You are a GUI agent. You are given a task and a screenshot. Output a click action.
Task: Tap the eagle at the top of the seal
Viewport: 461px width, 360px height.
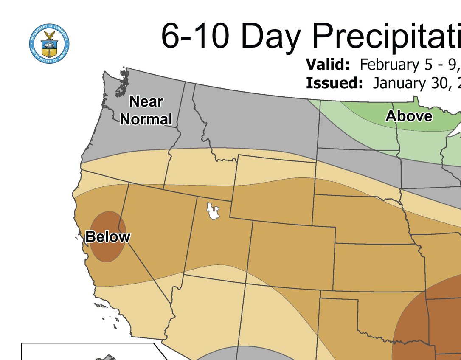pos(50,34)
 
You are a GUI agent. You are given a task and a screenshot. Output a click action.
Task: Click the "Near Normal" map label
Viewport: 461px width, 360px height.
pos(146,110)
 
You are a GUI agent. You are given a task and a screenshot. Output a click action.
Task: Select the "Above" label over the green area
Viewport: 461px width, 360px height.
pos(408,116)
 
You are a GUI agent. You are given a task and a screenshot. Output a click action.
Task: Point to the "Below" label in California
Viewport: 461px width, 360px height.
pos(107,236)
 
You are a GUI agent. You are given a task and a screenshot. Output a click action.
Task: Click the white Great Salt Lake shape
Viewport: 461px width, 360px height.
pos(212,211)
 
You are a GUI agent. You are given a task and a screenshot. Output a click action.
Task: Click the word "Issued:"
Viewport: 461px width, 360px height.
pos(334,83)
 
